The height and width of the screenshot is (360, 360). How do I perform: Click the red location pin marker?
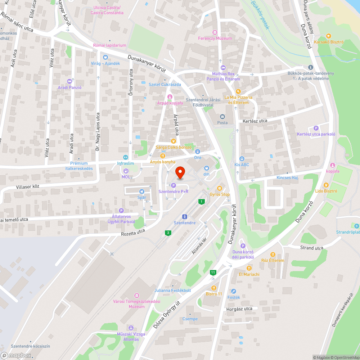pos(180,172)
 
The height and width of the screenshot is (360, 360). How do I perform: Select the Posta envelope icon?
pos(222,116)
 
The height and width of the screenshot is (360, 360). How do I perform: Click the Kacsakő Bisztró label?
pos(329,42)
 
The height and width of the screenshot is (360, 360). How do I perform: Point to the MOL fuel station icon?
pos(126,171)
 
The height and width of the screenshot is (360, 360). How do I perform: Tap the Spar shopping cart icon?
pos(141,191)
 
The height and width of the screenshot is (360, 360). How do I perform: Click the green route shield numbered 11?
pos(213,273)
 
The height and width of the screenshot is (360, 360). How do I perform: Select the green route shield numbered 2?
pos(168,233)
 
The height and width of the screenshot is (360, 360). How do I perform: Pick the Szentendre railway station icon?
pos(184,217)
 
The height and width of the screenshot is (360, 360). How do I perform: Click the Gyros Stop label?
pos(220,194)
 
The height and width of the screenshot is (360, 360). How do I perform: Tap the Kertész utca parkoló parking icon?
pos(316,128)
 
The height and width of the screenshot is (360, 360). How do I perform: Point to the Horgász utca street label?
pos(239,309)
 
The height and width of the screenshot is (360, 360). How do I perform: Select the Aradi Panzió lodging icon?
pos(69,81)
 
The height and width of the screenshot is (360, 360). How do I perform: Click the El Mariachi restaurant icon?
pos(249,268)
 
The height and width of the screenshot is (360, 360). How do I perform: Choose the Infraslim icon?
pos(125,157)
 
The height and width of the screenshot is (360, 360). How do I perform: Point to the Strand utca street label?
pos(312,248)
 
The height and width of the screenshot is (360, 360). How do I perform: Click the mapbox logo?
pos(16,355)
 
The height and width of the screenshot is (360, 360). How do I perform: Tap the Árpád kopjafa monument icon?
pos(170,96)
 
